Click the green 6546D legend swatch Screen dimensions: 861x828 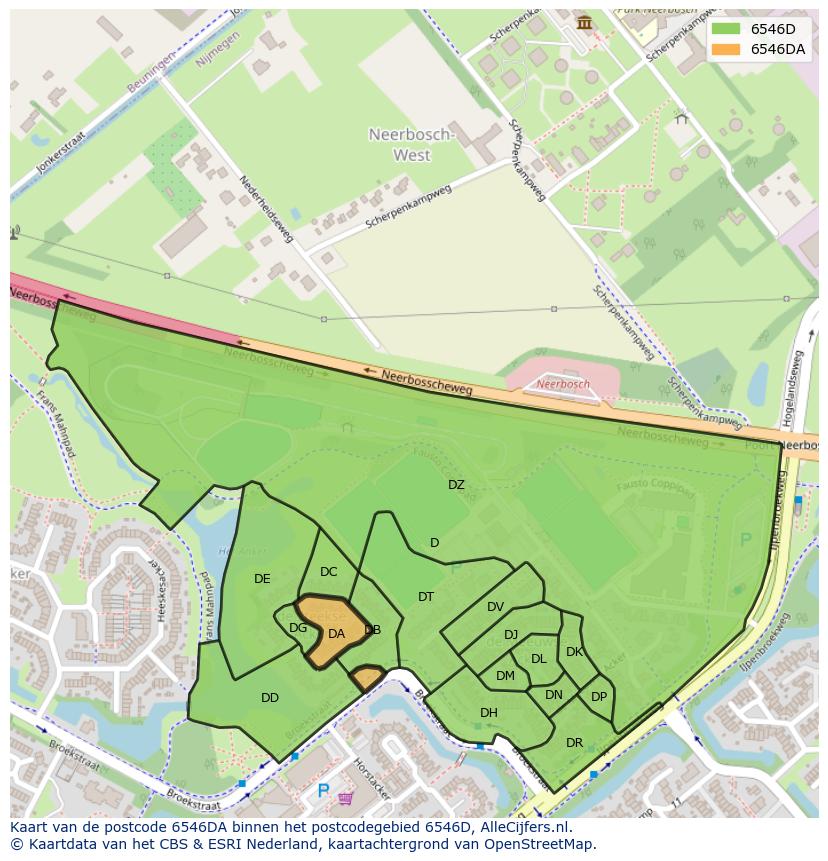click(727, 28)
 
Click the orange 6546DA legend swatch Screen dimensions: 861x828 click(727, 48)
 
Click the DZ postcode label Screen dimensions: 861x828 click(456, 485)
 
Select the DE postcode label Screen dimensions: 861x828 click(262, 579)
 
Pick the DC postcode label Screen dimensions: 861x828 click(328, 572)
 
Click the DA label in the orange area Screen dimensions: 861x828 click(336, 634)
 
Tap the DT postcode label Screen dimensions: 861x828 click(426, 597)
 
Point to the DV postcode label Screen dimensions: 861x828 click(495, 607)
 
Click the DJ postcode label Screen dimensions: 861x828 click(511, 635)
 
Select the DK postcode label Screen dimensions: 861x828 click(574, 652)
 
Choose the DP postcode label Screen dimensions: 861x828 click(599, 697)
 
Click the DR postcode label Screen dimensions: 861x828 click(574, 743)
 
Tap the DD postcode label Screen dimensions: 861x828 click(269, 698)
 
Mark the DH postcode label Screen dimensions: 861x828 click(488, 713)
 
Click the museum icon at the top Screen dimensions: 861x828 click(584, 22)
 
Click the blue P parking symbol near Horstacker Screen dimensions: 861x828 click(322, 791)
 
